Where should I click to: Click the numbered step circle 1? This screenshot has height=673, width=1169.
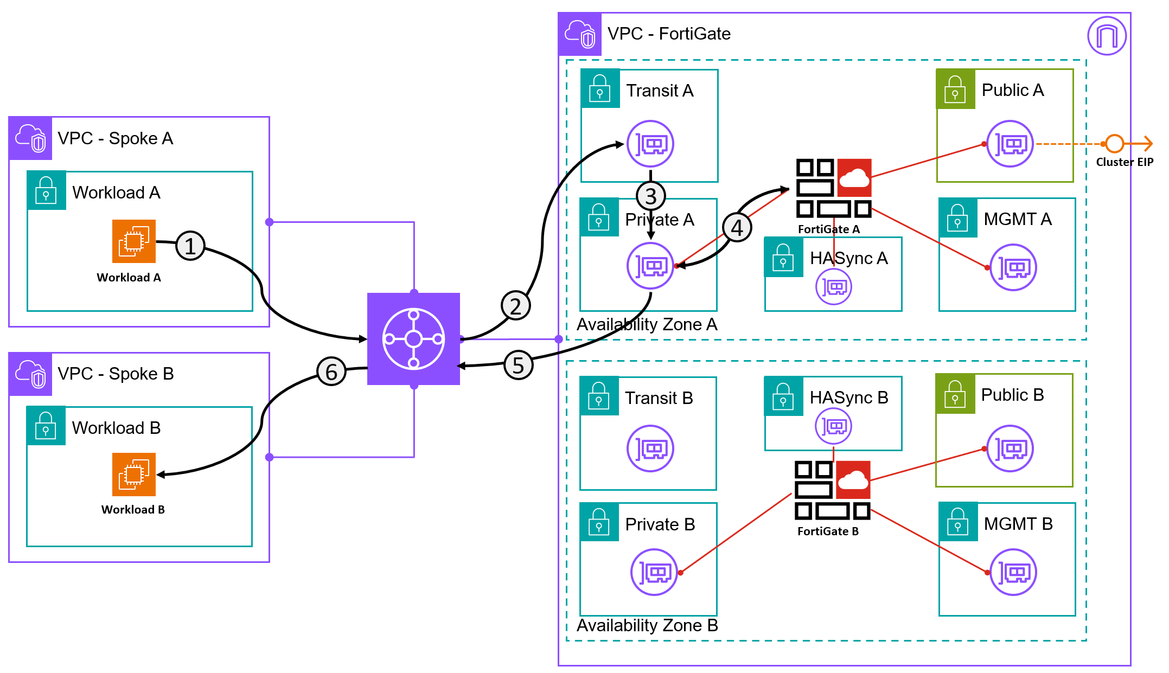[190, 246]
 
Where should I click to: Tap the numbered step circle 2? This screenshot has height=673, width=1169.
[515, 306]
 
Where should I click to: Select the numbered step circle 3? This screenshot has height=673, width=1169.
[651, 196]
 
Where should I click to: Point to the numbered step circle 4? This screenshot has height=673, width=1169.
[737, 228]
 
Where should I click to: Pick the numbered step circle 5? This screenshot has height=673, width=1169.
[519, 365]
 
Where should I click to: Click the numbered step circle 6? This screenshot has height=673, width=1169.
[331, 371]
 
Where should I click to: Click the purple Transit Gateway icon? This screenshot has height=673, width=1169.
[413, 339]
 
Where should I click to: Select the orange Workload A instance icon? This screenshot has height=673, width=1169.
[134, 241]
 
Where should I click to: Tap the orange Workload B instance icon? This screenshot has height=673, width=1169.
[134, 475]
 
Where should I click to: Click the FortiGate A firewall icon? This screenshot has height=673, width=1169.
[833, 188]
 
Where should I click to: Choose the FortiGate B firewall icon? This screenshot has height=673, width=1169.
[832, 490]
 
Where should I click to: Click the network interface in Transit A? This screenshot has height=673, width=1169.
[650, 144]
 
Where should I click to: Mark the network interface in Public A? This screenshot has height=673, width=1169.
[1010, 144]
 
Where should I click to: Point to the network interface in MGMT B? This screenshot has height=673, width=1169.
[1013, 572]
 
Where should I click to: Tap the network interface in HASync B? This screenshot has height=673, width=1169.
[833, 426]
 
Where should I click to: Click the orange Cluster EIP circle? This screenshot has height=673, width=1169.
[1114, 144]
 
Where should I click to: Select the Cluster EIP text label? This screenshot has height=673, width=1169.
[1125, 162]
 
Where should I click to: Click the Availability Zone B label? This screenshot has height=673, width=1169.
[647, 625]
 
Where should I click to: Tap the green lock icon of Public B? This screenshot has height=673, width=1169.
[955, 394]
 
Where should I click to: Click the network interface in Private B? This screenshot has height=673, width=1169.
[654, 572]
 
